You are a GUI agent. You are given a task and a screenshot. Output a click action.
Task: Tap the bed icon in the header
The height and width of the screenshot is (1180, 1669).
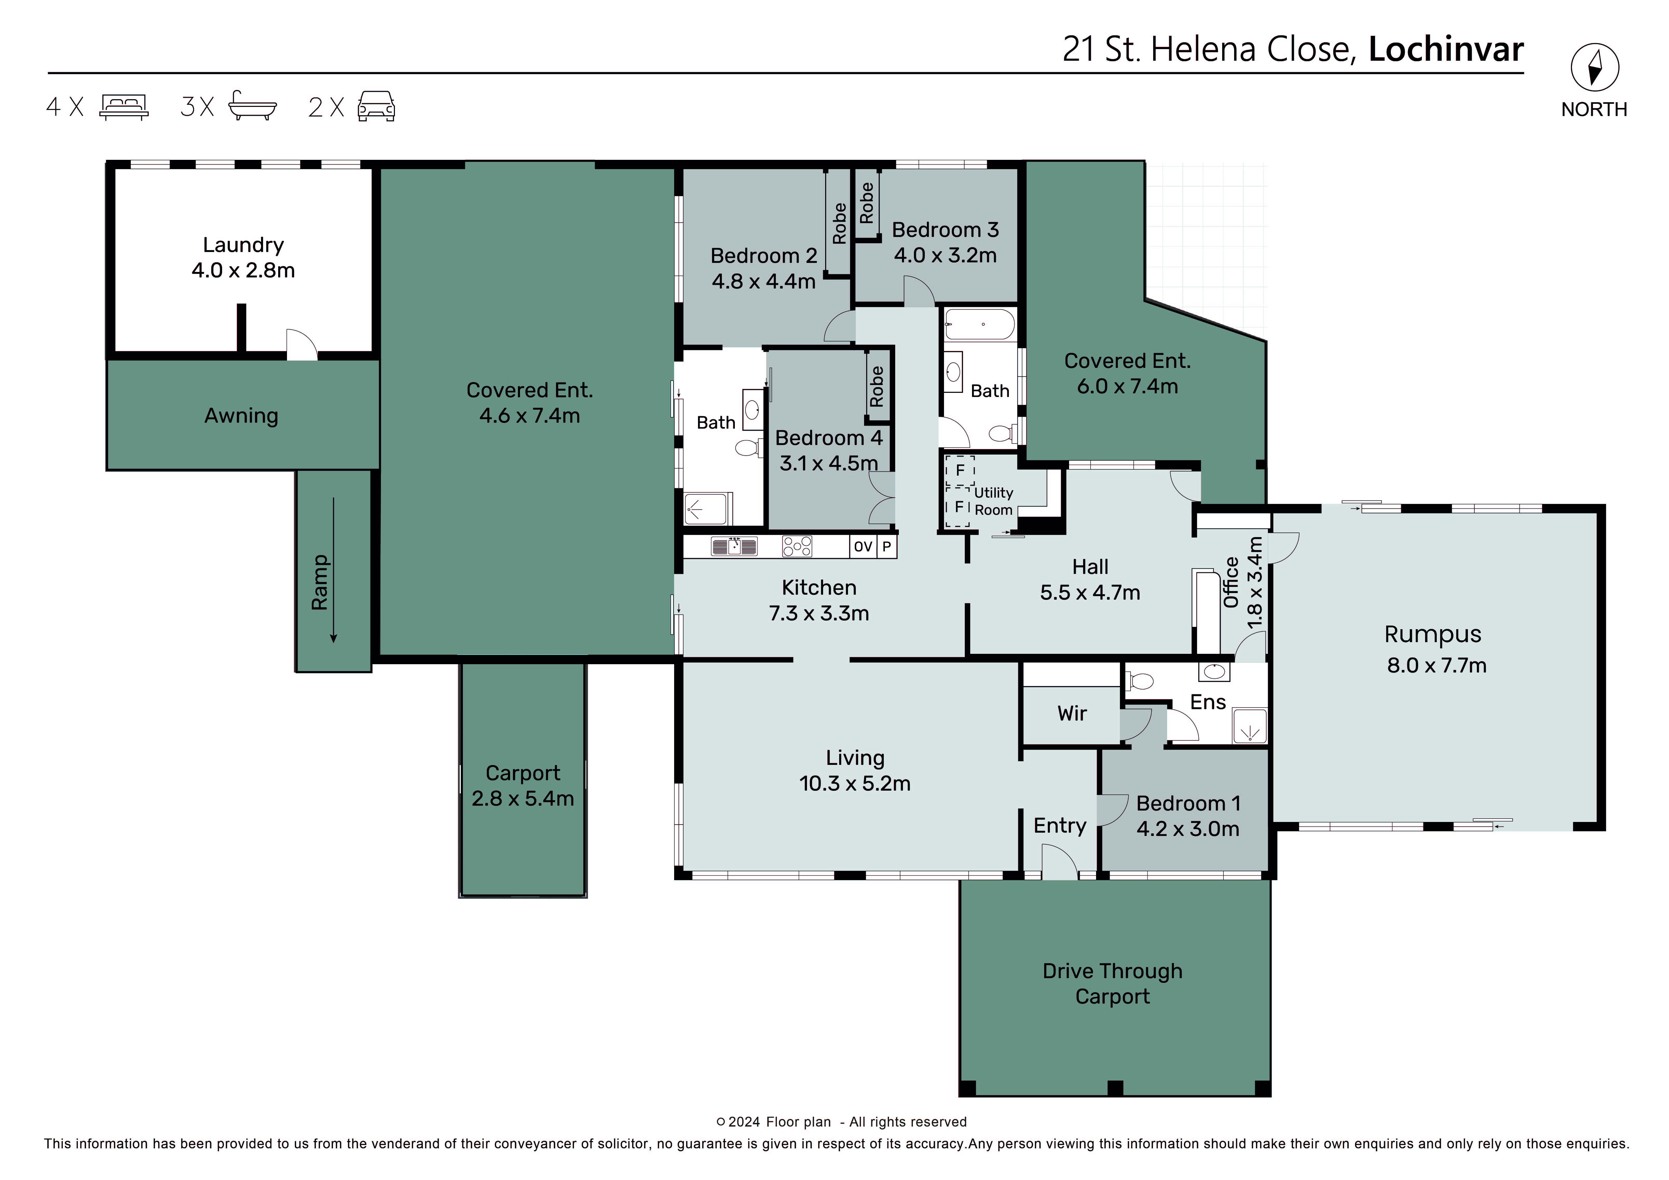click(124, 106)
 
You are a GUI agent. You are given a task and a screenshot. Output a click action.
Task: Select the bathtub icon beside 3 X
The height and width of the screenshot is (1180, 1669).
click(252, 105)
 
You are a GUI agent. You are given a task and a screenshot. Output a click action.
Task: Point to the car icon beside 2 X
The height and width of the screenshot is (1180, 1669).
click(376, 106)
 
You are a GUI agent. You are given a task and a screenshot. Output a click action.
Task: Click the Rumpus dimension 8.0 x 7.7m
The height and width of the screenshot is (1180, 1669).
click(1437, 665)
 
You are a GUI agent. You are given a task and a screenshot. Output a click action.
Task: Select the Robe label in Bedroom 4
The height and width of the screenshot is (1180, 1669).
click(877, 386)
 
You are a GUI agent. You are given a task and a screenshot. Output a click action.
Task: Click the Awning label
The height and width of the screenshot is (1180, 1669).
click(241, 416)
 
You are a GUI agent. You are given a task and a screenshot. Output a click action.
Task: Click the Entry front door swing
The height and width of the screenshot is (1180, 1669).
click(1059, 860)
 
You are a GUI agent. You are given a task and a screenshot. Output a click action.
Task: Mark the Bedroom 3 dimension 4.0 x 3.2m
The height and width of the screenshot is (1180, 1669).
click(945, 255)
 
